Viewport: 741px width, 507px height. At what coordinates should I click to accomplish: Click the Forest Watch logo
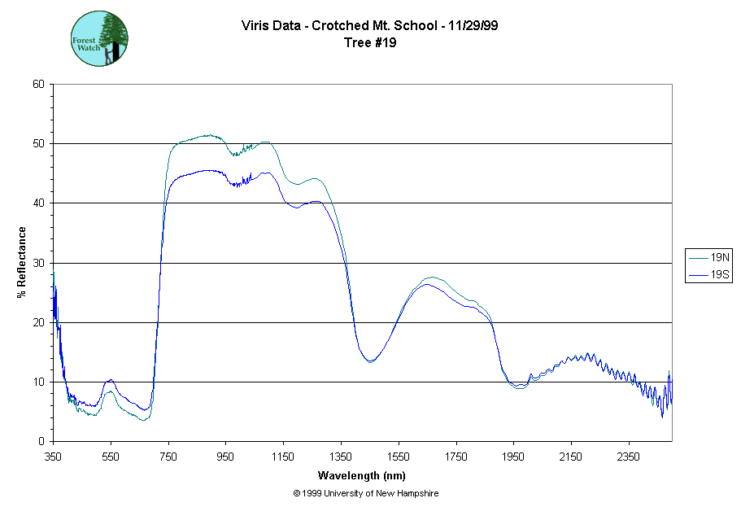[100, 38]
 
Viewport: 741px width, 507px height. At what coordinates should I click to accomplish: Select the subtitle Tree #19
[370, 43]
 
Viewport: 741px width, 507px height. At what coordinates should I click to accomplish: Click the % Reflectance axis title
[22, 262]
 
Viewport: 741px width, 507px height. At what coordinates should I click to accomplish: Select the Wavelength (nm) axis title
[362, 475]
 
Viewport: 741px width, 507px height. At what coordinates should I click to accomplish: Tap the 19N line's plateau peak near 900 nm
[208, 135]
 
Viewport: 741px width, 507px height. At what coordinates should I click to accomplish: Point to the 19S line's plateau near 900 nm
[208, 171]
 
